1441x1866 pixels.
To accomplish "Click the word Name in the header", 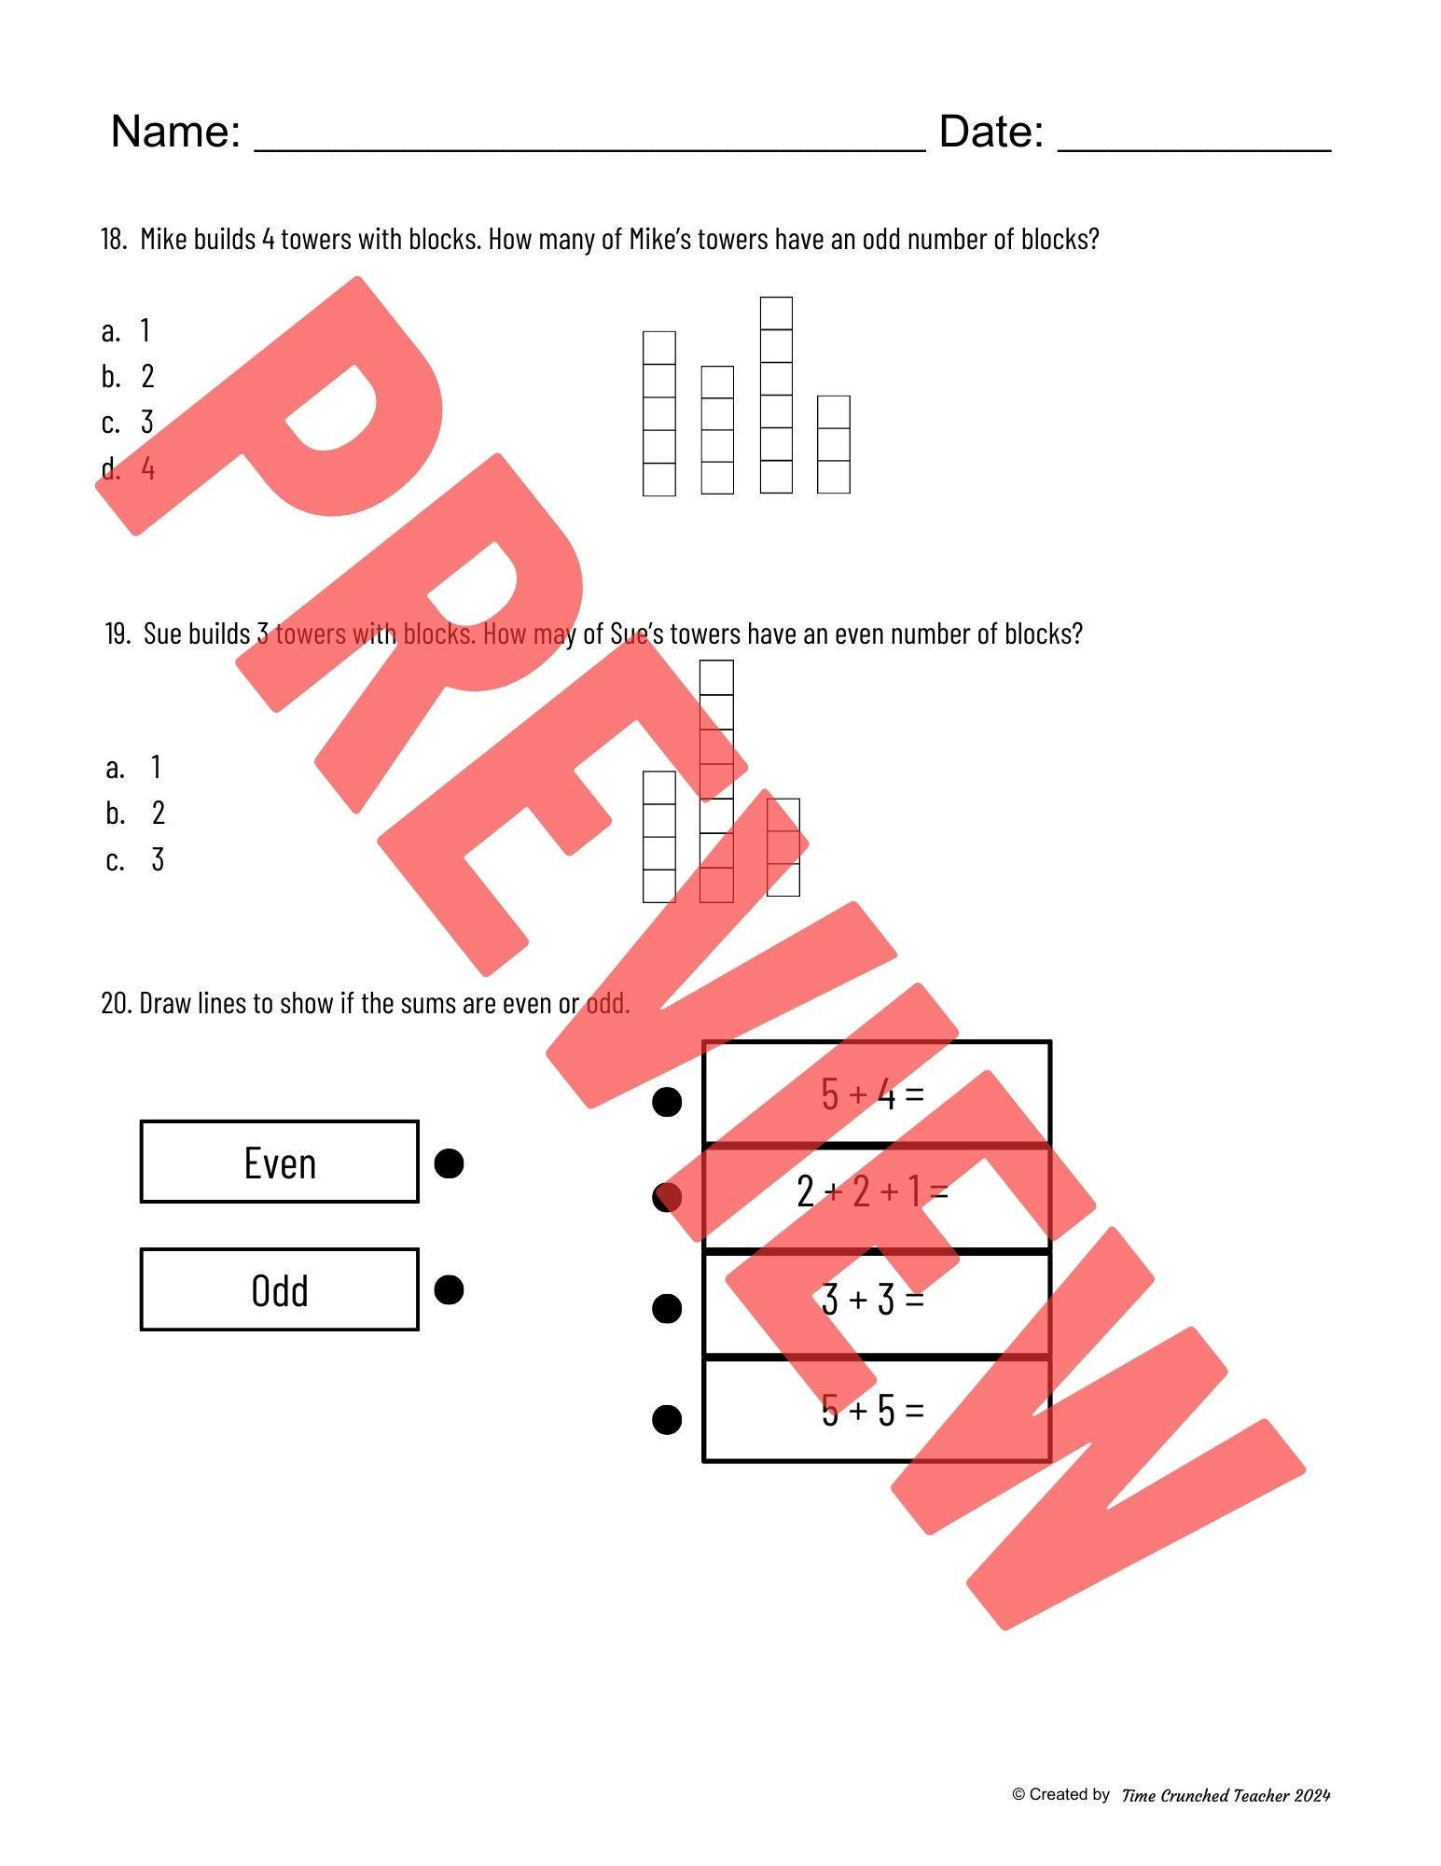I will point(174,132).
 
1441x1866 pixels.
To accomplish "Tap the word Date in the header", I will point(991,132).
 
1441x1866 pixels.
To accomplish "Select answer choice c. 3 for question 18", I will point(128,423).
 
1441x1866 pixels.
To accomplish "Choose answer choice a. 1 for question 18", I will point(126,331).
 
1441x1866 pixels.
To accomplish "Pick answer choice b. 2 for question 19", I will point(135,814).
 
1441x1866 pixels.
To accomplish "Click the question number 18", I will point(113,240).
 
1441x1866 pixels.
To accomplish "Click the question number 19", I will point(117,634).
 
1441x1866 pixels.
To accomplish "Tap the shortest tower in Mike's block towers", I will point(833,445).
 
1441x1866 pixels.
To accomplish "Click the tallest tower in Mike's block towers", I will point(776,395).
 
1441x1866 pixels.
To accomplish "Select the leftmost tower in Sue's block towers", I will point(658,837).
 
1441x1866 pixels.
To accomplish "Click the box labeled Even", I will point(279,1163).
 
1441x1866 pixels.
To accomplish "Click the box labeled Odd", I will point(279,1289).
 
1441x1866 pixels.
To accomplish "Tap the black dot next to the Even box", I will point(450,1163).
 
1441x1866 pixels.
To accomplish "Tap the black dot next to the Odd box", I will point(450,1290).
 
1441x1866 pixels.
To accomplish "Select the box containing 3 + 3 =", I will point(876,1302).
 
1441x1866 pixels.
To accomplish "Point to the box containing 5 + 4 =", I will point(876,1093).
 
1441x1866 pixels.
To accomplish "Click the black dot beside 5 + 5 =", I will point(667,1419).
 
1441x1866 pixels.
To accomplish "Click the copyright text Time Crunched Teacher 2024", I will point(1225,1795).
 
